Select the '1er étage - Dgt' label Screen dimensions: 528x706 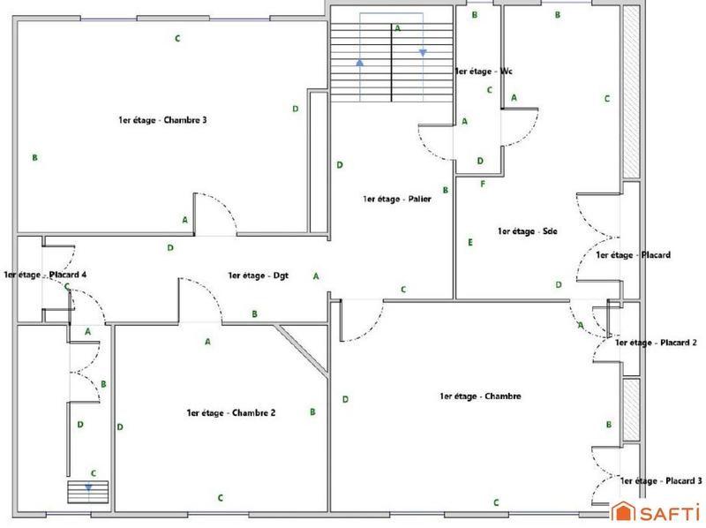(x=259, y=275)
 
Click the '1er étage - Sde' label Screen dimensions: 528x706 (x=527, y=232)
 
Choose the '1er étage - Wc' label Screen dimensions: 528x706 (x=484, y=71)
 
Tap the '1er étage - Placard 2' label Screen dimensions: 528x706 (x=657, y=343)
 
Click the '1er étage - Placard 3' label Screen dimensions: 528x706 (x=661, y=481)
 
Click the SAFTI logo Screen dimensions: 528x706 (x=657, y=512)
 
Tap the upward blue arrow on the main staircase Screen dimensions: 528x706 (x=360, y=63)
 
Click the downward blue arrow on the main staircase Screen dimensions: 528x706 (x=423, y=53)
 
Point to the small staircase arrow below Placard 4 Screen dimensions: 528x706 (x=88, y=487)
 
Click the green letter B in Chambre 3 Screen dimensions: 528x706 (x=34, y=158)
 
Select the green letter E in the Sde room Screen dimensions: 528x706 (x=470, y=242)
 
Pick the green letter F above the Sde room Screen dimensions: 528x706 (x=482, y=184)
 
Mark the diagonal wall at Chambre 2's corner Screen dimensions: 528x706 (x=303, y=349)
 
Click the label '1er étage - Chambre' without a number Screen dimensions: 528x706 (x=480, y=396)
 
